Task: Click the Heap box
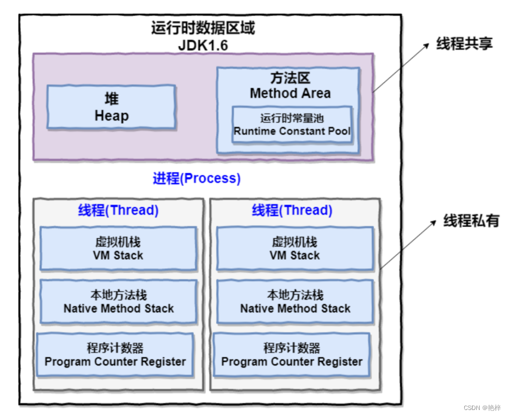click(x=111, y=107)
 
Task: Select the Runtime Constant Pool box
click(x=292, y=124)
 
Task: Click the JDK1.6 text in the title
click(x=203, y=45)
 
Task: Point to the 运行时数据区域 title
click(x=203, y=28)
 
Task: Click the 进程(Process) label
click(x=197, y=178)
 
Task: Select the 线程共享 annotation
click(x=464, y=44)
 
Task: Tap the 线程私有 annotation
click(x=471, y=221)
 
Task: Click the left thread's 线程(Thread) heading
click(x=118, y=210)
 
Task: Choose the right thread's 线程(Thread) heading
click(x=292, y=210)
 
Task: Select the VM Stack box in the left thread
click(x=118, y=249)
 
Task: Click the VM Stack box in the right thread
click(x=295, y=249)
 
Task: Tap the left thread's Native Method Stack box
click(x=118, y=302)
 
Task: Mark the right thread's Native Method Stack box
click(x=295, y=302)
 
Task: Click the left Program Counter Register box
click(x=115, y=354)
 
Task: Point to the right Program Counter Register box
click(x=292, y=354)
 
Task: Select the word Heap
click(x=112, y=116)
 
